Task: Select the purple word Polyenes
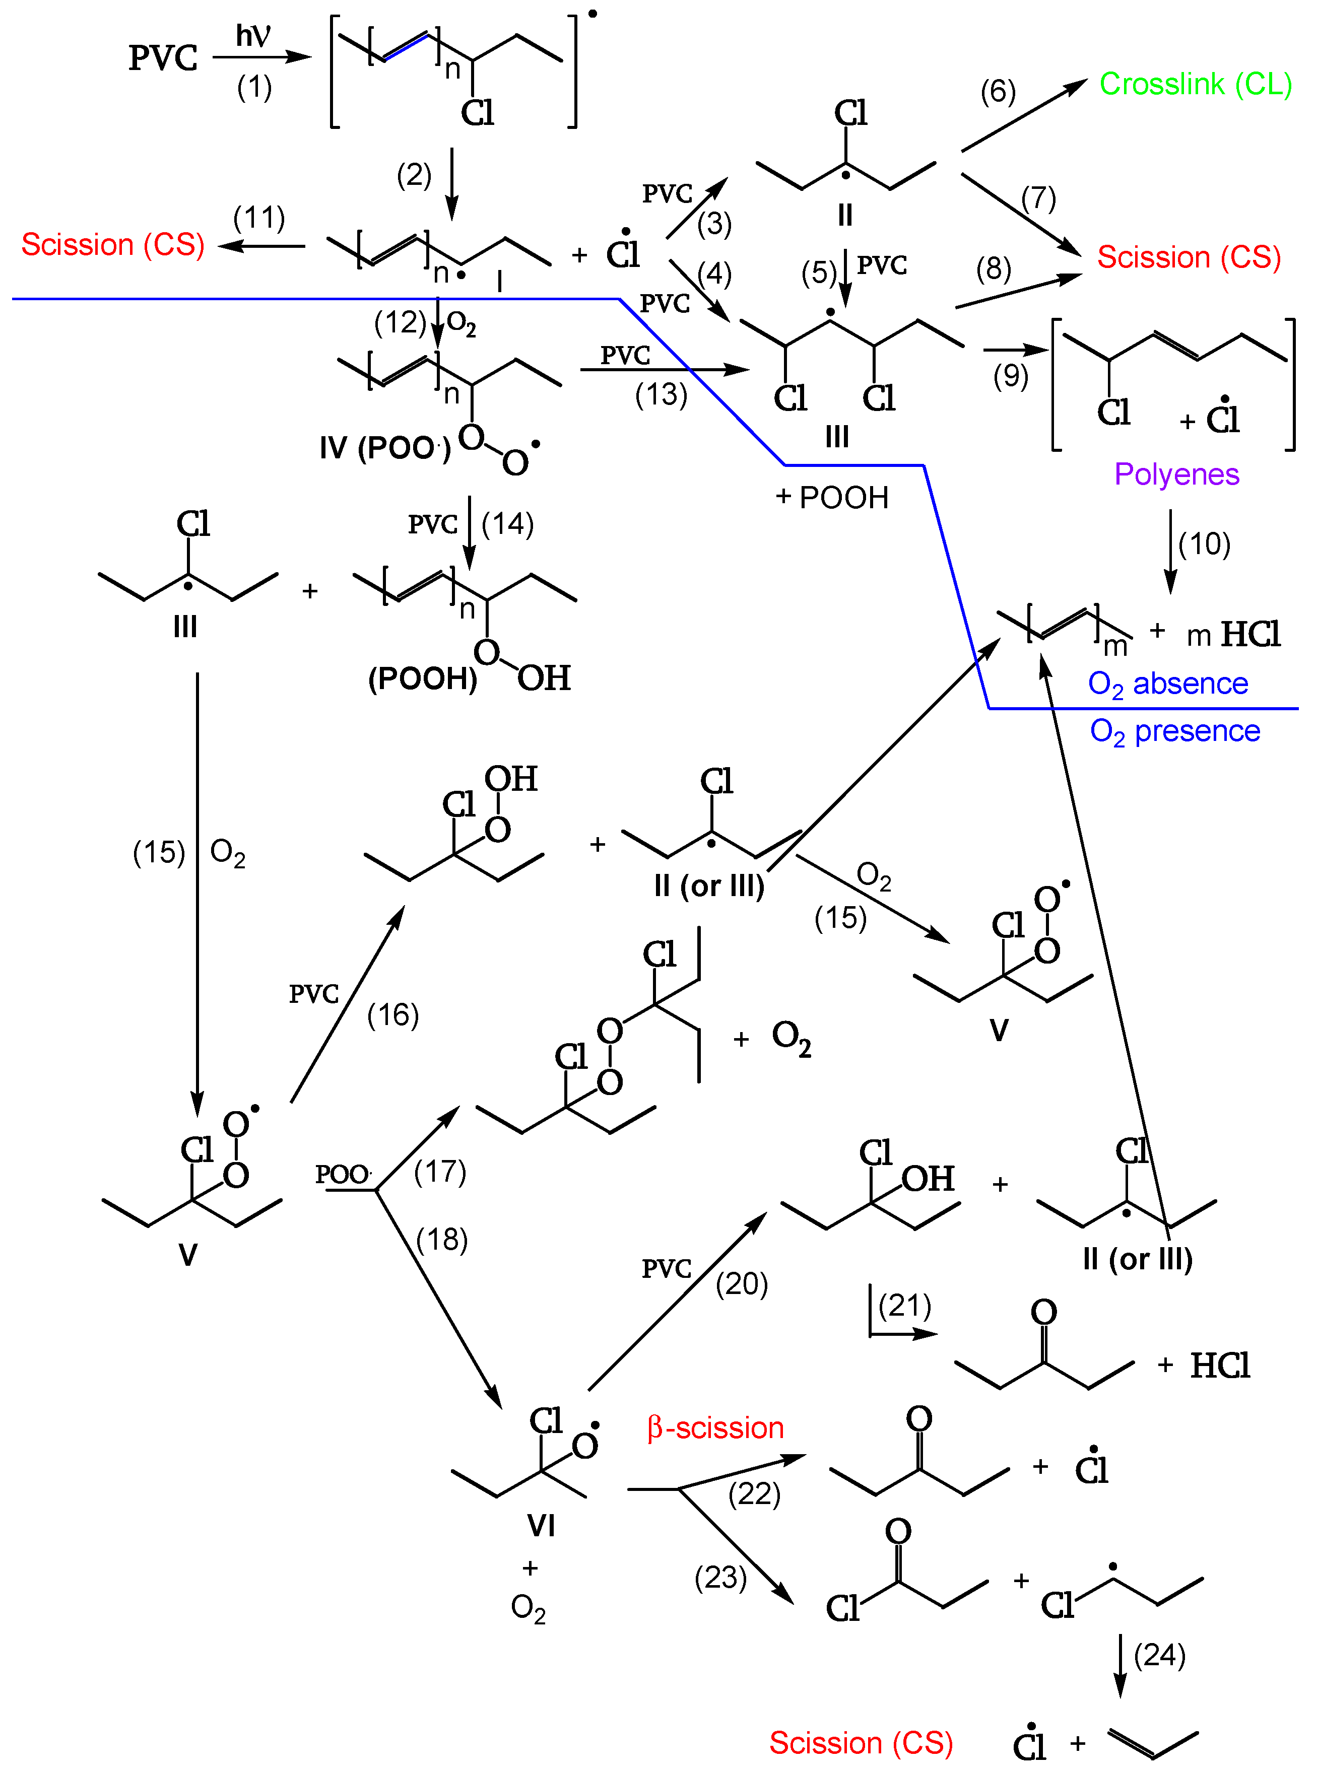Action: (1177, 474)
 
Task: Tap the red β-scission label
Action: (715, 1427)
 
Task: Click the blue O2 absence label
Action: (1168, 684)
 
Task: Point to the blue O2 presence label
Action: (1175, 731)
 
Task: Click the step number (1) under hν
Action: (254, 87)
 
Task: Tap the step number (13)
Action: (661, 394)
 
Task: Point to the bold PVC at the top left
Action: (163, 58)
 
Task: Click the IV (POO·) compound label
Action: (385, 448)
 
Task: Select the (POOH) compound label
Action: (423, 678)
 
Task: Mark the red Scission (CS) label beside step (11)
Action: (112, 245)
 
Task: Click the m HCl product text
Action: (1233, 635)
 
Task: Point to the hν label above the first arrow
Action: (253, 36)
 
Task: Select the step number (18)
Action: (442, 1240)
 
